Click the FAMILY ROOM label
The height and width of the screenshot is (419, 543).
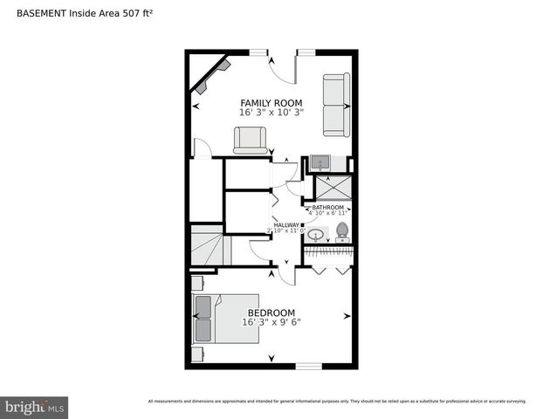click(271, 103)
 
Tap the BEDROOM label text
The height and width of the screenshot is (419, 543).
click(271, 313)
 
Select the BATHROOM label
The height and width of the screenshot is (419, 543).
click(327, 207)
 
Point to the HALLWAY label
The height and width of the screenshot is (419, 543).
click(286, 224)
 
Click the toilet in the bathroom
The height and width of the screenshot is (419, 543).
click(341, 231)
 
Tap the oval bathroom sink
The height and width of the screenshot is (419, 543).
click(315, 234)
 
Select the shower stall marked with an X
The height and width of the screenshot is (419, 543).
click(331, 187)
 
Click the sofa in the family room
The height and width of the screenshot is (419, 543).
click(336, 105)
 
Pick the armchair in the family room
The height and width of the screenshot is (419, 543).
click(250, 140)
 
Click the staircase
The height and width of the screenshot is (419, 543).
click(208, 245)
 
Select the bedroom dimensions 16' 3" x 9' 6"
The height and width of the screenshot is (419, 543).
click(271, 322)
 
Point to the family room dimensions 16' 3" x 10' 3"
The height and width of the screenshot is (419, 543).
click(271, 113)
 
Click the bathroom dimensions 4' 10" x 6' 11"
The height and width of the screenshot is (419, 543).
click(327, 213)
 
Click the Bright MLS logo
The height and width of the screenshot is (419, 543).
click(35, 407)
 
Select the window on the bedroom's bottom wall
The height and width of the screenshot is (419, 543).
click(308, 366)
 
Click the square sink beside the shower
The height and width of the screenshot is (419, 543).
click(320, 162)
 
